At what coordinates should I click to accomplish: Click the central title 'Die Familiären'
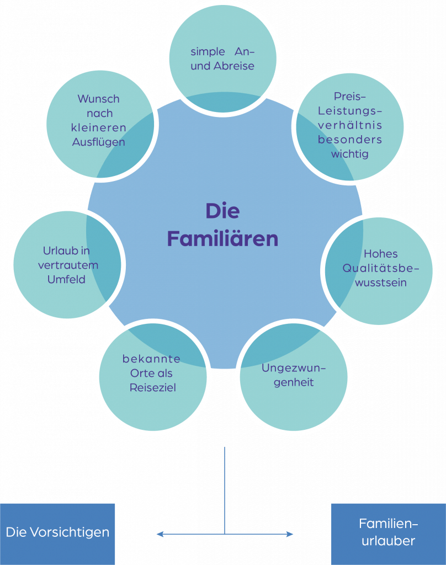[222, 225]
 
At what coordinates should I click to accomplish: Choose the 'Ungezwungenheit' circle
[294, 375]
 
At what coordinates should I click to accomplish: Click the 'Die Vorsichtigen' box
[57, 533]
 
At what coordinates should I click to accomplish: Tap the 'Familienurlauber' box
[388, 533]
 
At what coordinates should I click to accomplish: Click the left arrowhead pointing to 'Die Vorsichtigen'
[160, 534]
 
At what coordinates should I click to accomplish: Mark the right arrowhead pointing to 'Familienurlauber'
[290, 534]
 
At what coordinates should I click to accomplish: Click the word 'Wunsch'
[98, 99]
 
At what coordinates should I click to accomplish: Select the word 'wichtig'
[349, 154]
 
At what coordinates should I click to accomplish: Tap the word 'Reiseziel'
[152, 388]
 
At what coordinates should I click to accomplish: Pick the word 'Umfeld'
[66, 280]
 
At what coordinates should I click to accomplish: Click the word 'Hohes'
[380, 254]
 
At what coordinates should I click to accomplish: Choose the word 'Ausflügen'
[99, 142]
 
